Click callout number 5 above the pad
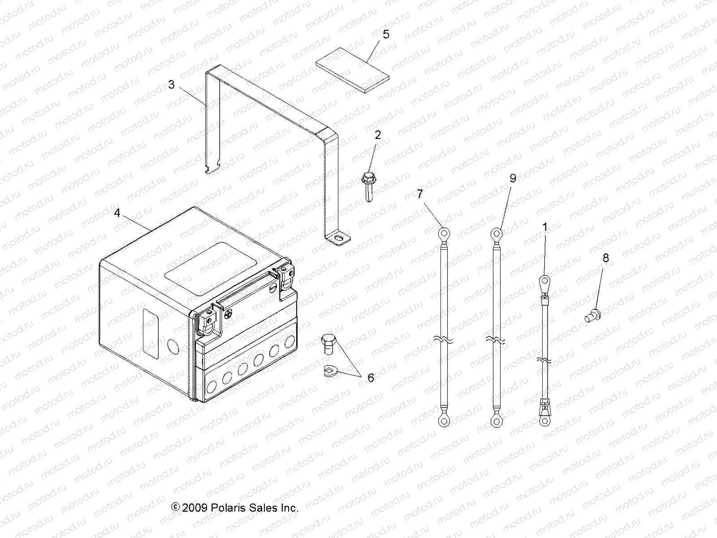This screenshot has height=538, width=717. (386, 35)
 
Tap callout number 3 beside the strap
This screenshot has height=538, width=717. (171, 84)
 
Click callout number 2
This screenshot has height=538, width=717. (378, 135)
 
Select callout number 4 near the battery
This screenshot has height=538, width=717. (117, 213)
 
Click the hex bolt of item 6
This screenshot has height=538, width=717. (328, 344)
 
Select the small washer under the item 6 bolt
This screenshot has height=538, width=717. (329, 371)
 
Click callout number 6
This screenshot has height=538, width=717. (371, 378)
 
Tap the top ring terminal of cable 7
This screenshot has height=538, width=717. (444, 233)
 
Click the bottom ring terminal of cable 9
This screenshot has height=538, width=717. (496, 420)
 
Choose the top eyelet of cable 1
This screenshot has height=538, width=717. (544, 282)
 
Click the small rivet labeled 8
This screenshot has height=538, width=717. (593, 317)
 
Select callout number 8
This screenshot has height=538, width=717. (605, 258)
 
